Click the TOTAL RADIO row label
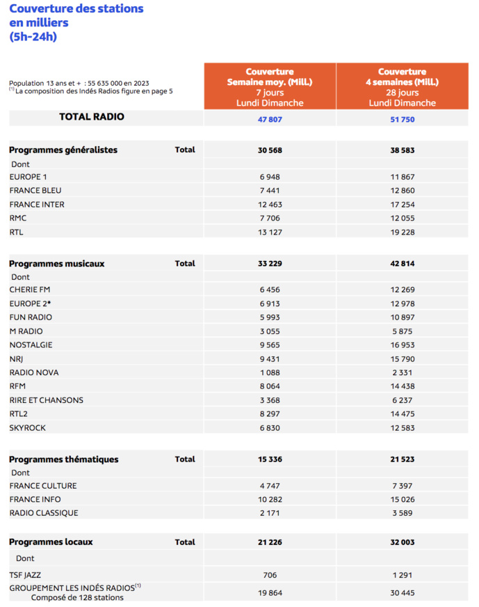92,117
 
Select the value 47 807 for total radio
270,119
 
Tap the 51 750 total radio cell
403,119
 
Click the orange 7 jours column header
270,87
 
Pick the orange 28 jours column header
403,87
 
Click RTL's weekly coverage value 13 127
270,232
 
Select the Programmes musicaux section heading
57,264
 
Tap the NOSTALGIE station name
31,345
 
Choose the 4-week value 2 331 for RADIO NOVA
403,372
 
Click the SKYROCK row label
29,427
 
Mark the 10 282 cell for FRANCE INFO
270,499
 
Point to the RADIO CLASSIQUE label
44,513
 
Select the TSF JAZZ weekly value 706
270,575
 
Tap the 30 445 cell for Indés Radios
403,592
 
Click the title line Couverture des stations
76,9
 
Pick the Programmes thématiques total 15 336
270,459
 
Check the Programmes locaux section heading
51,542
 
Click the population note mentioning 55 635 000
79,83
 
